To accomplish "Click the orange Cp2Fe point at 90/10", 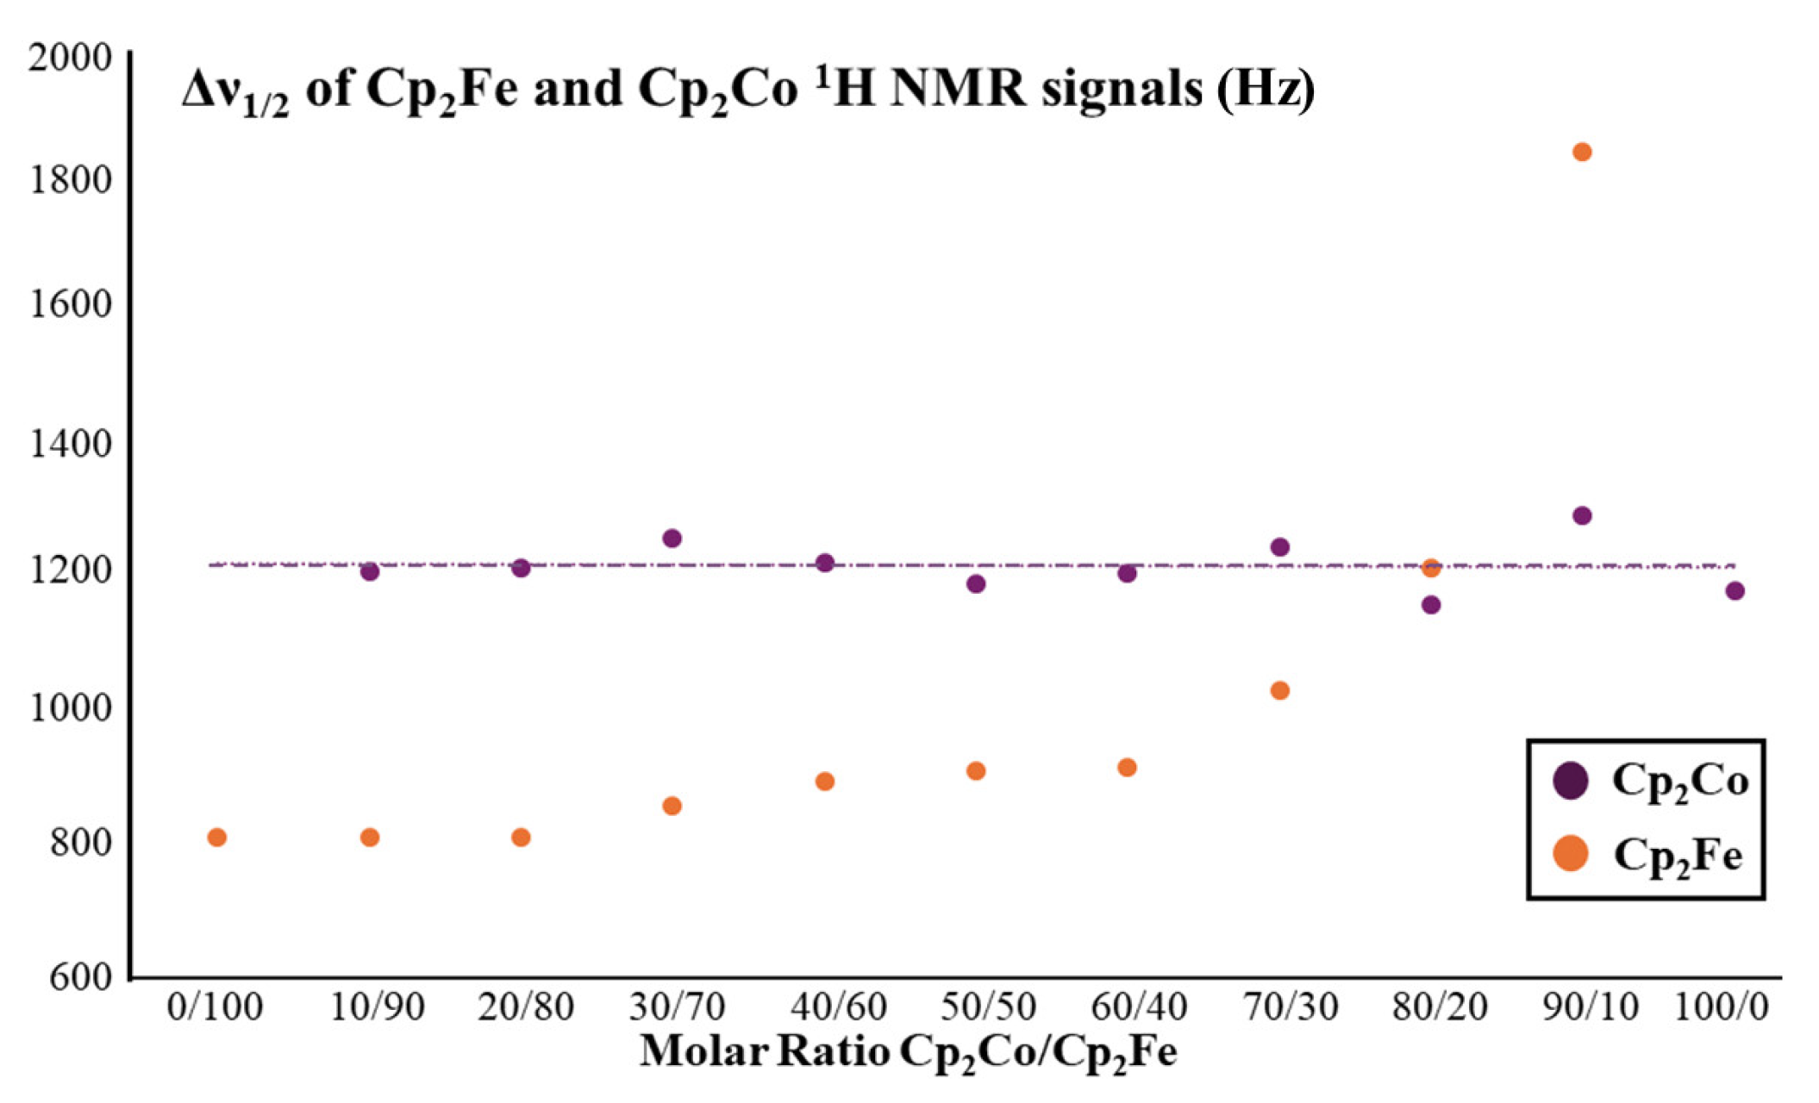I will (x=1582, y=153).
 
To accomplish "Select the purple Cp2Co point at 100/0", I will (x=1735, y=591).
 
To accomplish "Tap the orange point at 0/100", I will (x=217, y=838).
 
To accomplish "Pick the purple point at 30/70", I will (x=672, y=539).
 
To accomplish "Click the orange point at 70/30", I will (x=1280, y=690).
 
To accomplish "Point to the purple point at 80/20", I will (x=1431, y=605).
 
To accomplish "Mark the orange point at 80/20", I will (x=1431, y=568).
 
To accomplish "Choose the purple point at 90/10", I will (x=1582, y=516).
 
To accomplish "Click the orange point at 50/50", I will (x=976, y=771).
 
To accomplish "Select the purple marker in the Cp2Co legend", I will (x=1571, y=781).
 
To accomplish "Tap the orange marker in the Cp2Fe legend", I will (x=1571, y=854).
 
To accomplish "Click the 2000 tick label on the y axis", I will (x=71, y=59).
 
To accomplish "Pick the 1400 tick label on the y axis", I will (x=71, y=444).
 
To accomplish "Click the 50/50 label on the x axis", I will (x=988, y=1006).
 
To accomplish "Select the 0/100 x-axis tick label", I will (x=215, y=1006).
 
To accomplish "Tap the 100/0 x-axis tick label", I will (x=1721, y=1006).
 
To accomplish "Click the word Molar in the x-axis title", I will (x=703, y=1051).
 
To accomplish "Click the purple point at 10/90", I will (x=370, y=572).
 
